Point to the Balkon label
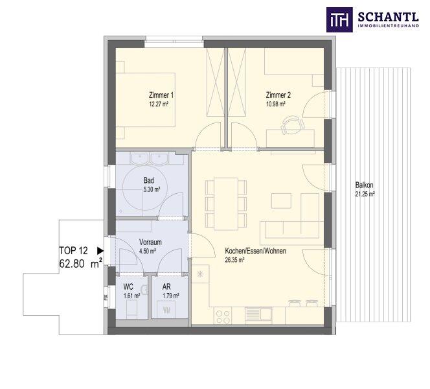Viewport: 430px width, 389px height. (x=365, y=185)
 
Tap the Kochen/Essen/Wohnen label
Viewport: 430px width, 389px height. (x=255, y=251)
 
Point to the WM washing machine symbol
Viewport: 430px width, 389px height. (x=166, y=309)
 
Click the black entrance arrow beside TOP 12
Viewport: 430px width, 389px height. (x=100, y=250)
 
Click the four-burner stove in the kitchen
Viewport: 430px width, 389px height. (x=224, y=316)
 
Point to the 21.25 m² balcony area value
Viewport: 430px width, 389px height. (x=365, y=194)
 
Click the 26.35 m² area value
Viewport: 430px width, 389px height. (x=235, y=260)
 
